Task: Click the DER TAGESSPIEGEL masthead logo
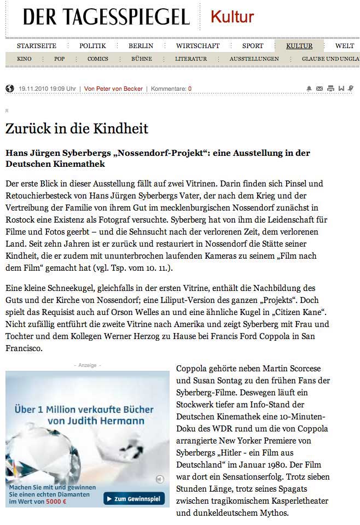106,17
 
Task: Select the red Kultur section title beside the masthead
232,17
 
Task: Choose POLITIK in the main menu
92,46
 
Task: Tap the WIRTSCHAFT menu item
198,46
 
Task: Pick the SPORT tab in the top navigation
252,46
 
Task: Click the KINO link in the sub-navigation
24,59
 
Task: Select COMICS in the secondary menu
97,59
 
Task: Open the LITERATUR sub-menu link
190,59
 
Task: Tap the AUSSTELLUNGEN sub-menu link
254,59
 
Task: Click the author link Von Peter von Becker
114,89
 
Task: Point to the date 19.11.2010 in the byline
34,89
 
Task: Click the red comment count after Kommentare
190,89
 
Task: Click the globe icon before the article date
10,88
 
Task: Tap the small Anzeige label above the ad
88,365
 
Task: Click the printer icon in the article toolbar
330,88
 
